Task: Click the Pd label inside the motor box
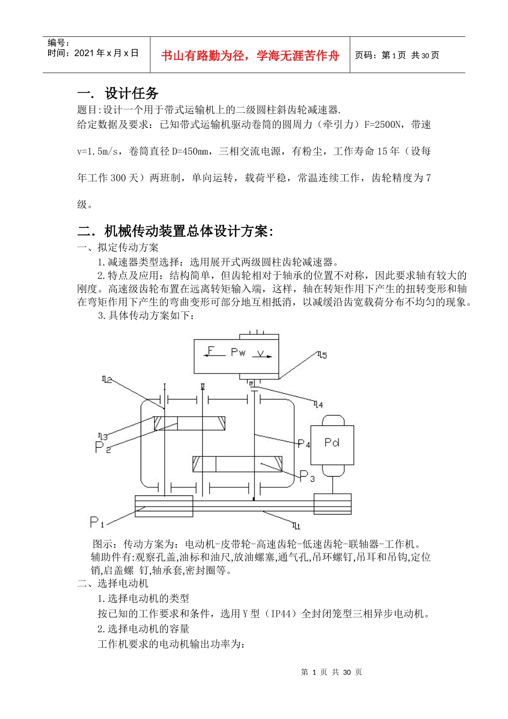332,442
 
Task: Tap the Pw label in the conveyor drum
238,352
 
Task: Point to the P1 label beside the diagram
96,522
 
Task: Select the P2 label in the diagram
102,447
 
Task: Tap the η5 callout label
321,355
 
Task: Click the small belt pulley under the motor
333,504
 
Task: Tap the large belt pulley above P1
164,506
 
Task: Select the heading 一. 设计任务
118,94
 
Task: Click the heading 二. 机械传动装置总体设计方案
176,231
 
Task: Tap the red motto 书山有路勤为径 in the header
250,56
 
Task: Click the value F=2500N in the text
382,125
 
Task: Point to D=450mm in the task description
190,151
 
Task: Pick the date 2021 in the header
84,53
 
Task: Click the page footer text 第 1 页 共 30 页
332,672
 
